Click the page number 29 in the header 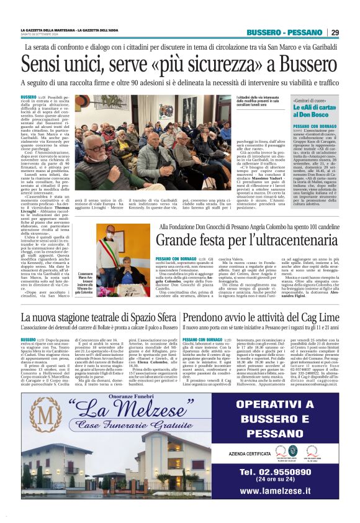(335, 32)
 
